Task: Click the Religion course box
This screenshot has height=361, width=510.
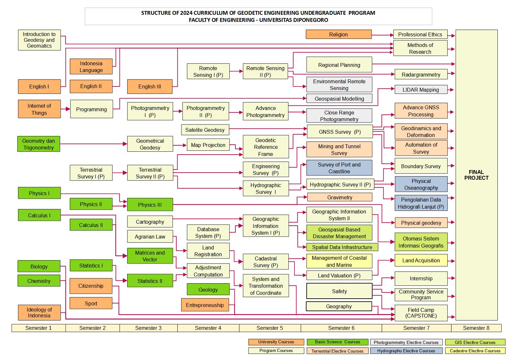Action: [339, 34]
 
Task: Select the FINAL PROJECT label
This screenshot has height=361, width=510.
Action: [476, 175]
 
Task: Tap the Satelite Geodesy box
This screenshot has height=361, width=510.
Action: [205, 130]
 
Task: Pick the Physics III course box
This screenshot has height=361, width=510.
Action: [150, 205]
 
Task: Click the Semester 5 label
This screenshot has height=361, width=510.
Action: [270, 328]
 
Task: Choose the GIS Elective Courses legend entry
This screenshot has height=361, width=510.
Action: [475, 342]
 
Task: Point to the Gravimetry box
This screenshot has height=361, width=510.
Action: [339, 197]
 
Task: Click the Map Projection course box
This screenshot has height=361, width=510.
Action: [208, 145]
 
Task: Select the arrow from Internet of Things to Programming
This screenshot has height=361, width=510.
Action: [66, 109]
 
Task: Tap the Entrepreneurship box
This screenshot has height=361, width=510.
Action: [205, 305]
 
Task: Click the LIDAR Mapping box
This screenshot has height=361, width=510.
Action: [421, 90]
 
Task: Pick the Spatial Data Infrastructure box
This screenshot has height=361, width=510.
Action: [342, 247]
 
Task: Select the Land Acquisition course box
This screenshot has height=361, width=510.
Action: [421, 260]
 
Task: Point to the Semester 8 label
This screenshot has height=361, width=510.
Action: [476, 328]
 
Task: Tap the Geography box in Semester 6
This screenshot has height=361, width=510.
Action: [339, 306]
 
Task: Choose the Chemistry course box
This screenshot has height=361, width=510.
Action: [39, 281]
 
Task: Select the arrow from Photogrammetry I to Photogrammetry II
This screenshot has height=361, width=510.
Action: [178, 111]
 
